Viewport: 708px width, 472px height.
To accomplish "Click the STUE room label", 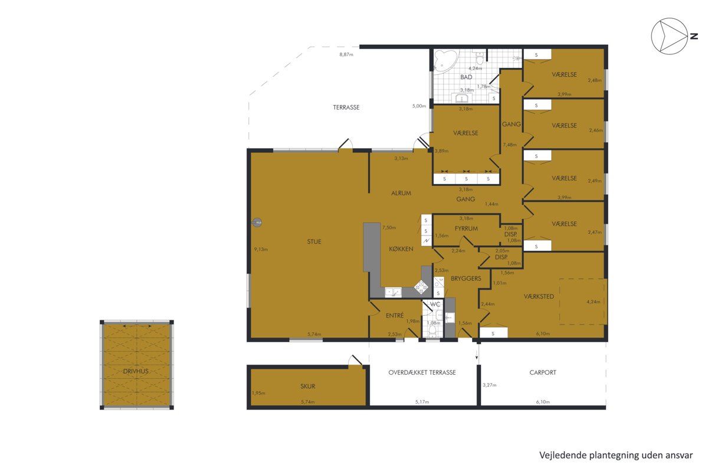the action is tap(314, 241).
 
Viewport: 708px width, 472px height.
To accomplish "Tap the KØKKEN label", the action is tap(401, 249).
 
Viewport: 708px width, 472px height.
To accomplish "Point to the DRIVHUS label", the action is tap(136, 371).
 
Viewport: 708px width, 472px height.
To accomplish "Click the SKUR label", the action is tap(307, 386).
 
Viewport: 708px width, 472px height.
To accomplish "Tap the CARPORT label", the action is tap(543, 372).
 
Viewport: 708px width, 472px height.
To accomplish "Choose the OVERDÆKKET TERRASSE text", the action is tap(422, 372).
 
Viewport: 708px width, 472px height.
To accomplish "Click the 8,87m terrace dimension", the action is tap(346, 54).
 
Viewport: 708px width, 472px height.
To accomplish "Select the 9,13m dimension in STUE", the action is tap(261, 249).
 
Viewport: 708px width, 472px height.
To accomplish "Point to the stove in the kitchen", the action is tap(421, 287).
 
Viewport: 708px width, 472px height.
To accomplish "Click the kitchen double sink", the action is tap(393, 292).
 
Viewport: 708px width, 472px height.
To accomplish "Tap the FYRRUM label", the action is tap(466, 228).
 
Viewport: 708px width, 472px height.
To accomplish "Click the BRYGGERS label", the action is tap(466, 278).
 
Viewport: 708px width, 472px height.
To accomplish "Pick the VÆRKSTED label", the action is tap(539, 296).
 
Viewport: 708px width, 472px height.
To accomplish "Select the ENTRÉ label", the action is tap(395, 315).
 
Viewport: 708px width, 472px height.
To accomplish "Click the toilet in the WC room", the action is tap(432, 332).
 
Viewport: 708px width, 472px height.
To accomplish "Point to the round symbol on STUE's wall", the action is tap(257, 223).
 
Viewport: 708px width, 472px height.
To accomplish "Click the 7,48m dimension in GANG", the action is tap(510, 145).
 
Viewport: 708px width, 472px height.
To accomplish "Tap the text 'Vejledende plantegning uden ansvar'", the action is tap(616, 455).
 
